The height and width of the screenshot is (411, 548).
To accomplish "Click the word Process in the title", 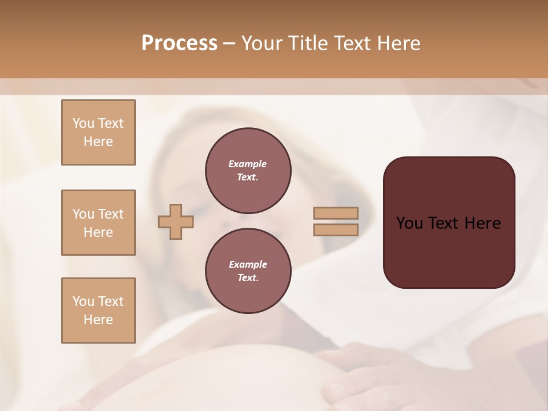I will pyautogui.click(x=179, y=43).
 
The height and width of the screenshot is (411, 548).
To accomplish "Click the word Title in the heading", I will pyautogui.click(x=307, y=43).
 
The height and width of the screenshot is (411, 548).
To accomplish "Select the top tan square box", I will pyautogui.click(x=98, y=132).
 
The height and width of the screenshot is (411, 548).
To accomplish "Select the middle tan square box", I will pyautogui.click(x=98, y=223).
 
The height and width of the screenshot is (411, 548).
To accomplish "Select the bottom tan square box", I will pyautogui.click(x=98, y=311).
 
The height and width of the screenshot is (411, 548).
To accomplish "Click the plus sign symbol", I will pyautogui.click(x=176, y=221).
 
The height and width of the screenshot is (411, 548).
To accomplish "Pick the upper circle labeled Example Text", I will pyautogui.click(x=248, y=170).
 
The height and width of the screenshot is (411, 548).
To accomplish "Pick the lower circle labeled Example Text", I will pyautogui.click(x=248, y=271).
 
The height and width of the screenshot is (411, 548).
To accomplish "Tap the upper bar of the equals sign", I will pyautogui.click(x=336, y=213).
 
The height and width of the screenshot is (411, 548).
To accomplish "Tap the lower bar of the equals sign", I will pyautogui.click(x=336, y=230).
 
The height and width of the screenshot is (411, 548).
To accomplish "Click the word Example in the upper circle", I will pyautogui.click(x=248, y=164).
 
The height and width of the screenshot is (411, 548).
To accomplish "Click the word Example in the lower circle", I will pyautogui.click(x=248, y=264).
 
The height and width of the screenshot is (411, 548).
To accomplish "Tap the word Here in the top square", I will pyautogui.click(x=98, y=142).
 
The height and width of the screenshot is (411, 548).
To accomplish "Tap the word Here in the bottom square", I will pyautogui.click(x=98, y=320).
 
